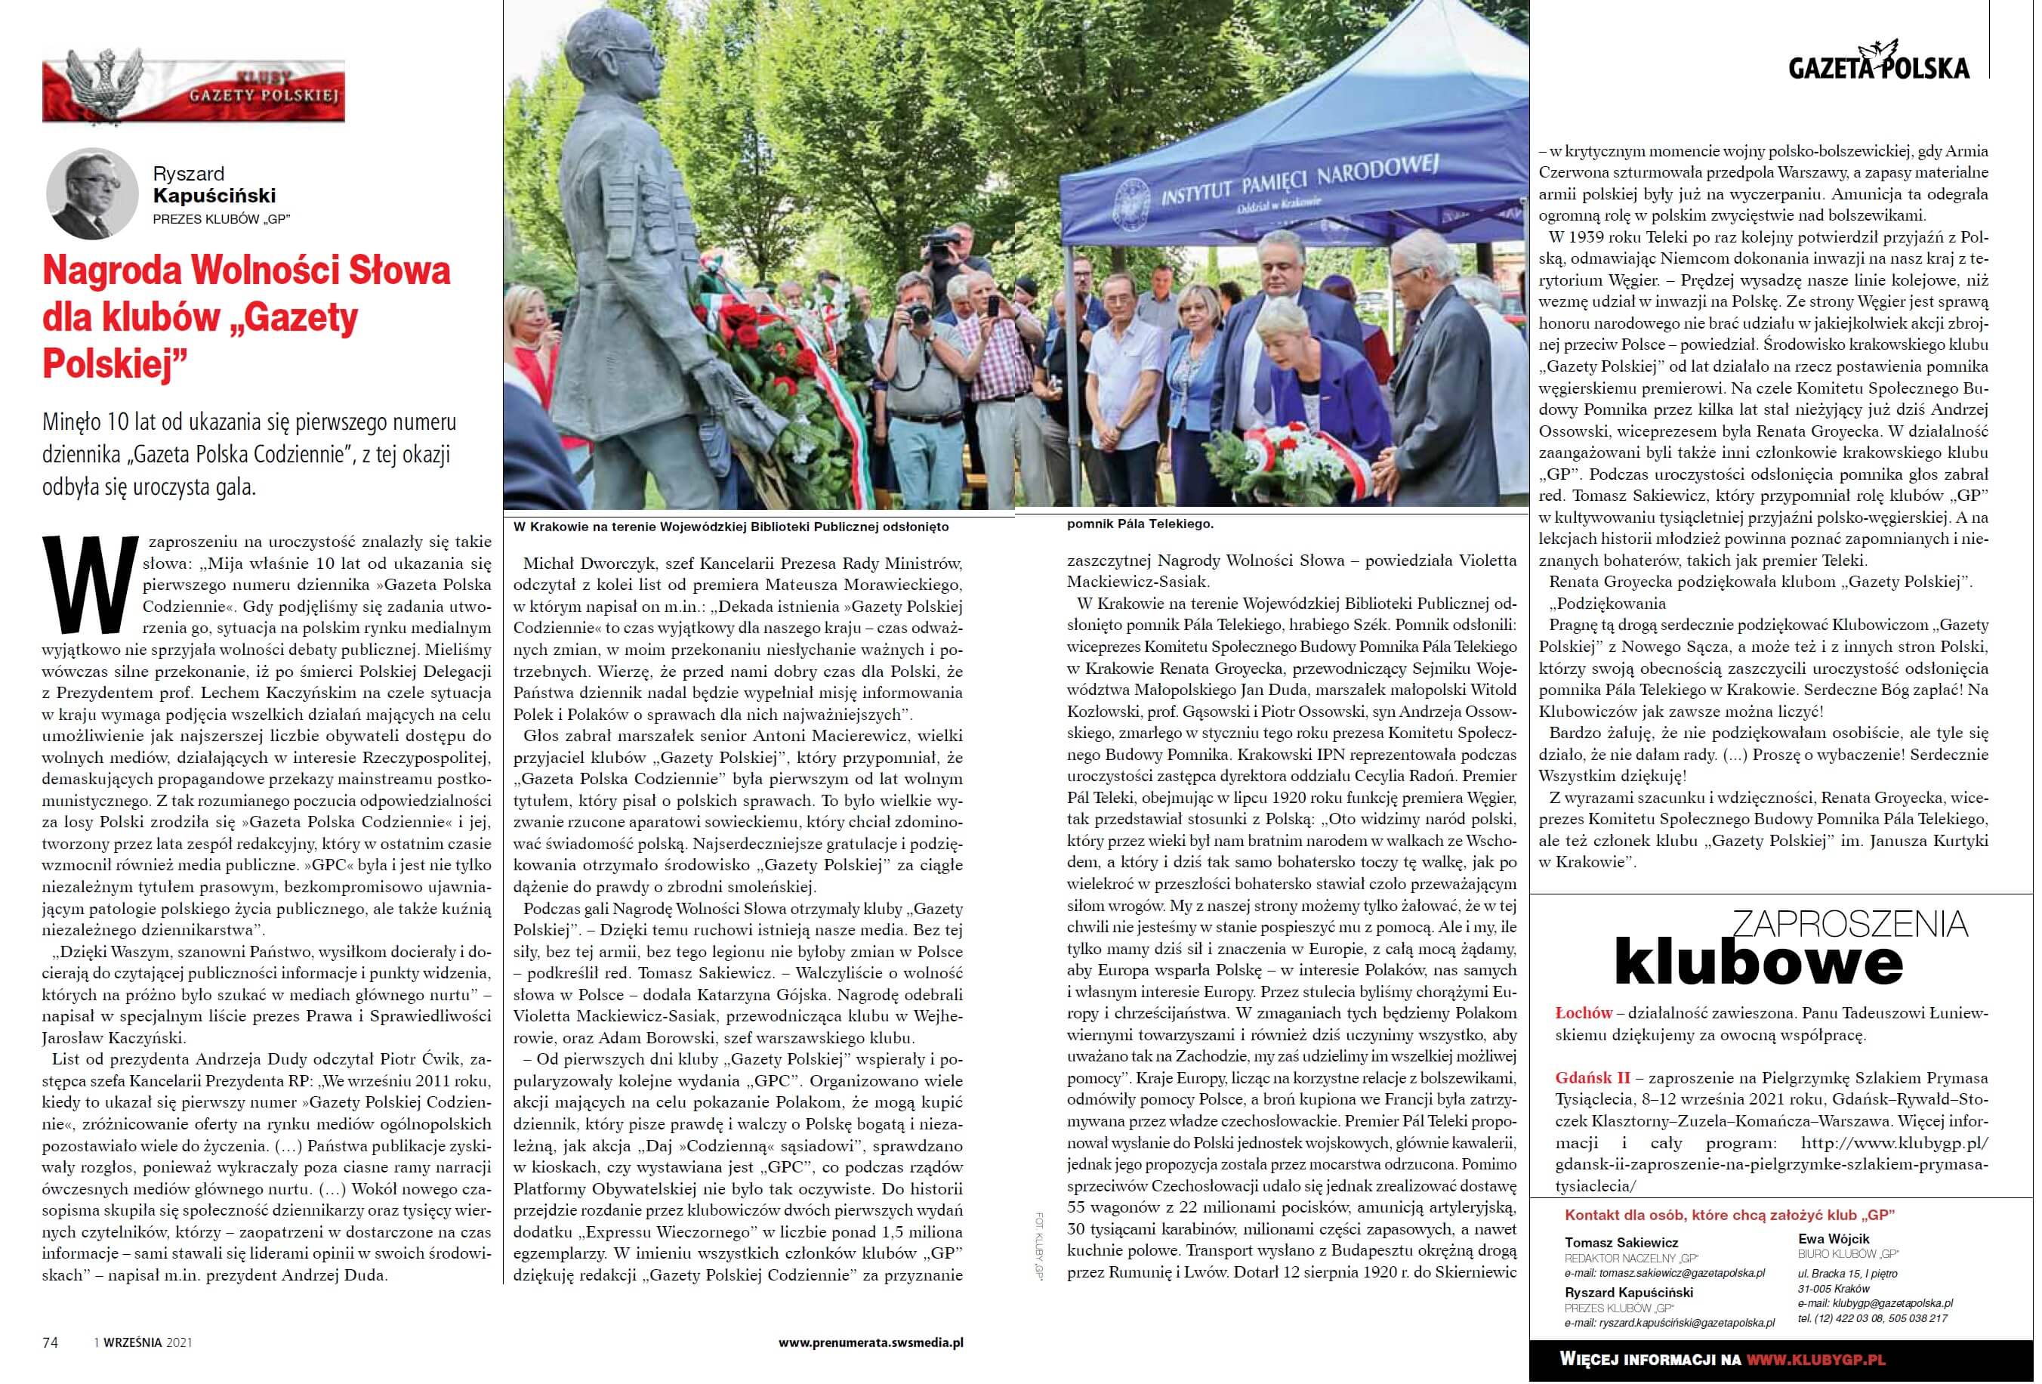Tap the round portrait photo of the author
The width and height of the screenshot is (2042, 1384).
coord(92,193)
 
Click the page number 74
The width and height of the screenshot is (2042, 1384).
coord(50,1342)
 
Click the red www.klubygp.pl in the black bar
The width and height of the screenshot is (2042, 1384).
coord(1815,1358)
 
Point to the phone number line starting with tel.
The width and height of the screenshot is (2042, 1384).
coord(1872,1318)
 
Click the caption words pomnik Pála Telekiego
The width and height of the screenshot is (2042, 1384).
coord(1140,524)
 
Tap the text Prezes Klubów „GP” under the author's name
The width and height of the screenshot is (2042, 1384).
coord(221,219)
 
